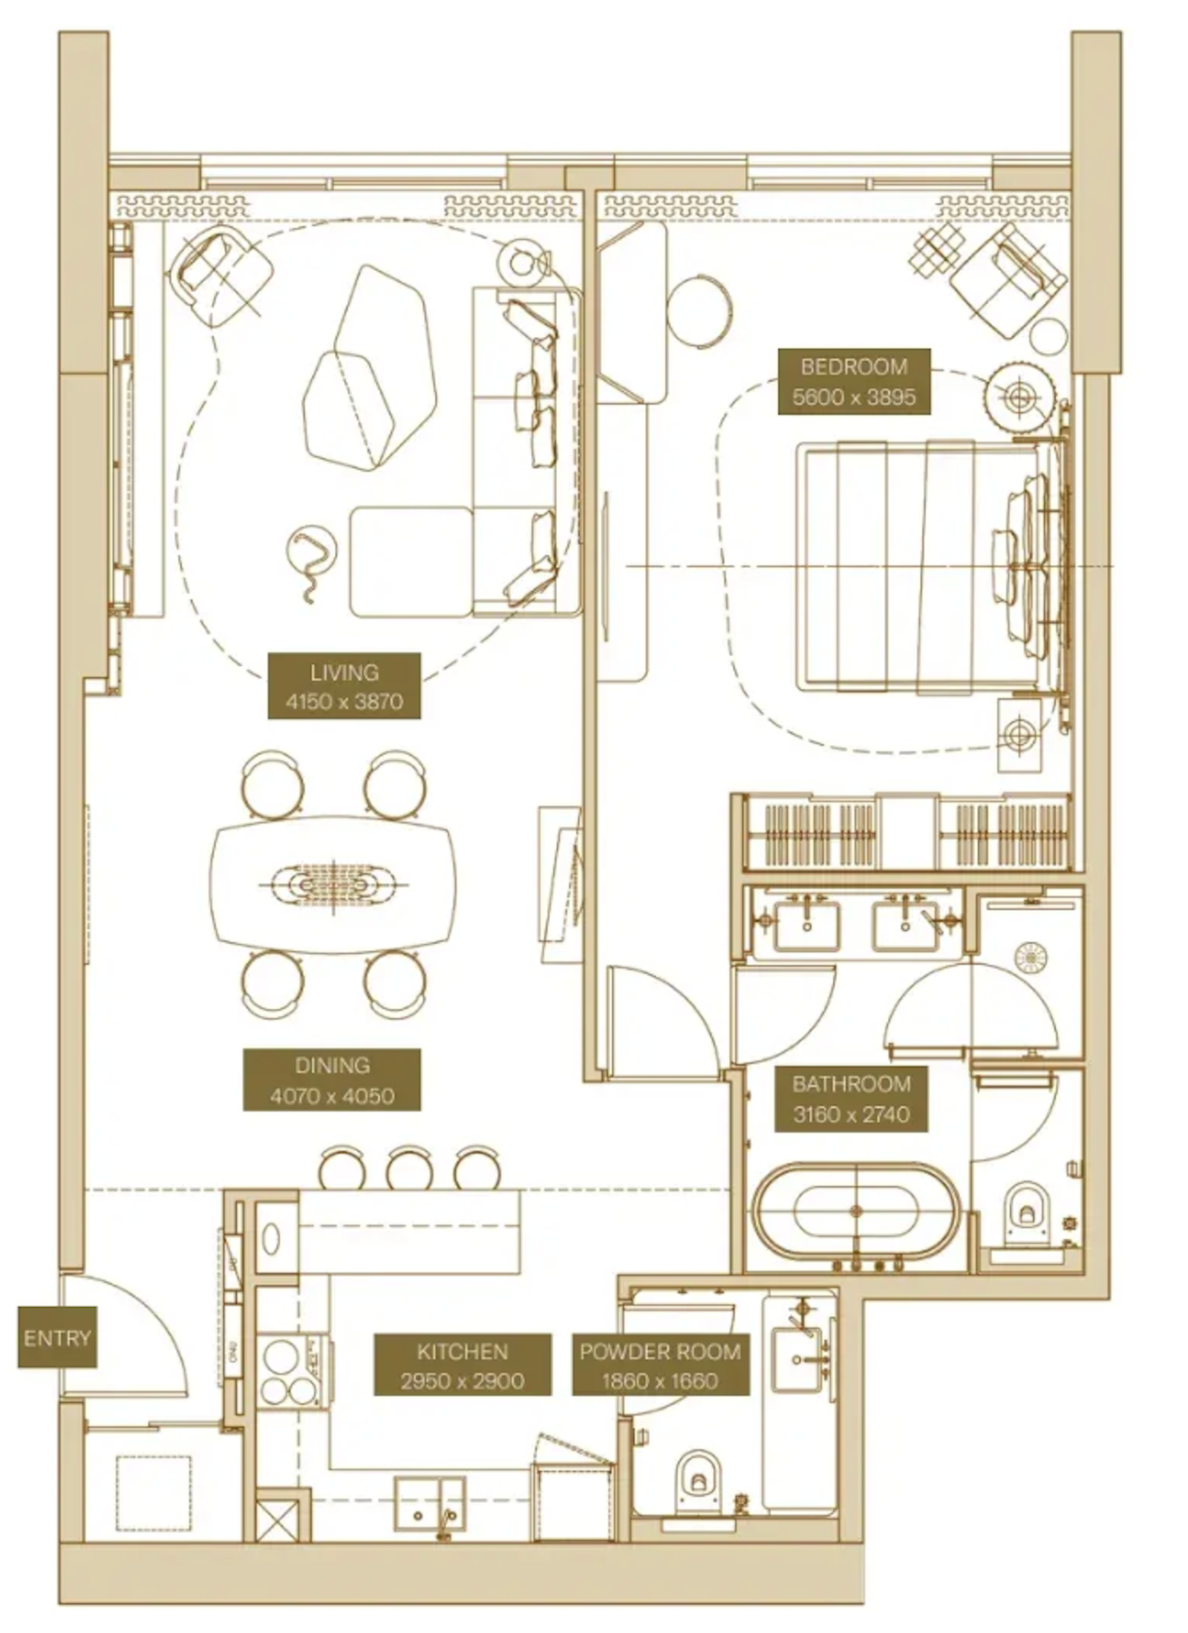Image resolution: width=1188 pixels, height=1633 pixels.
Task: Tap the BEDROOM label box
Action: point(854,382)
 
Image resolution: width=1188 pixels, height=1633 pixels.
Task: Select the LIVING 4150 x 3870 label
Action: point(345,687)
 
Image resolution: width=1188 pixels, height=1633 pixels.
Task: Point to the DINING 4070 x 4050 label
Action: point(332,1080)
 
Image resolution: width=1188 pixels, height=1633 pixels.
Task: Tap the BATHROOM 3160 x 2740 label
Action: point(851,1099)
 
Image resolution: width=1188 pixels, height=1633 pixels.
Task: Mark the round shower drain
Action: point(1031,957)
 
